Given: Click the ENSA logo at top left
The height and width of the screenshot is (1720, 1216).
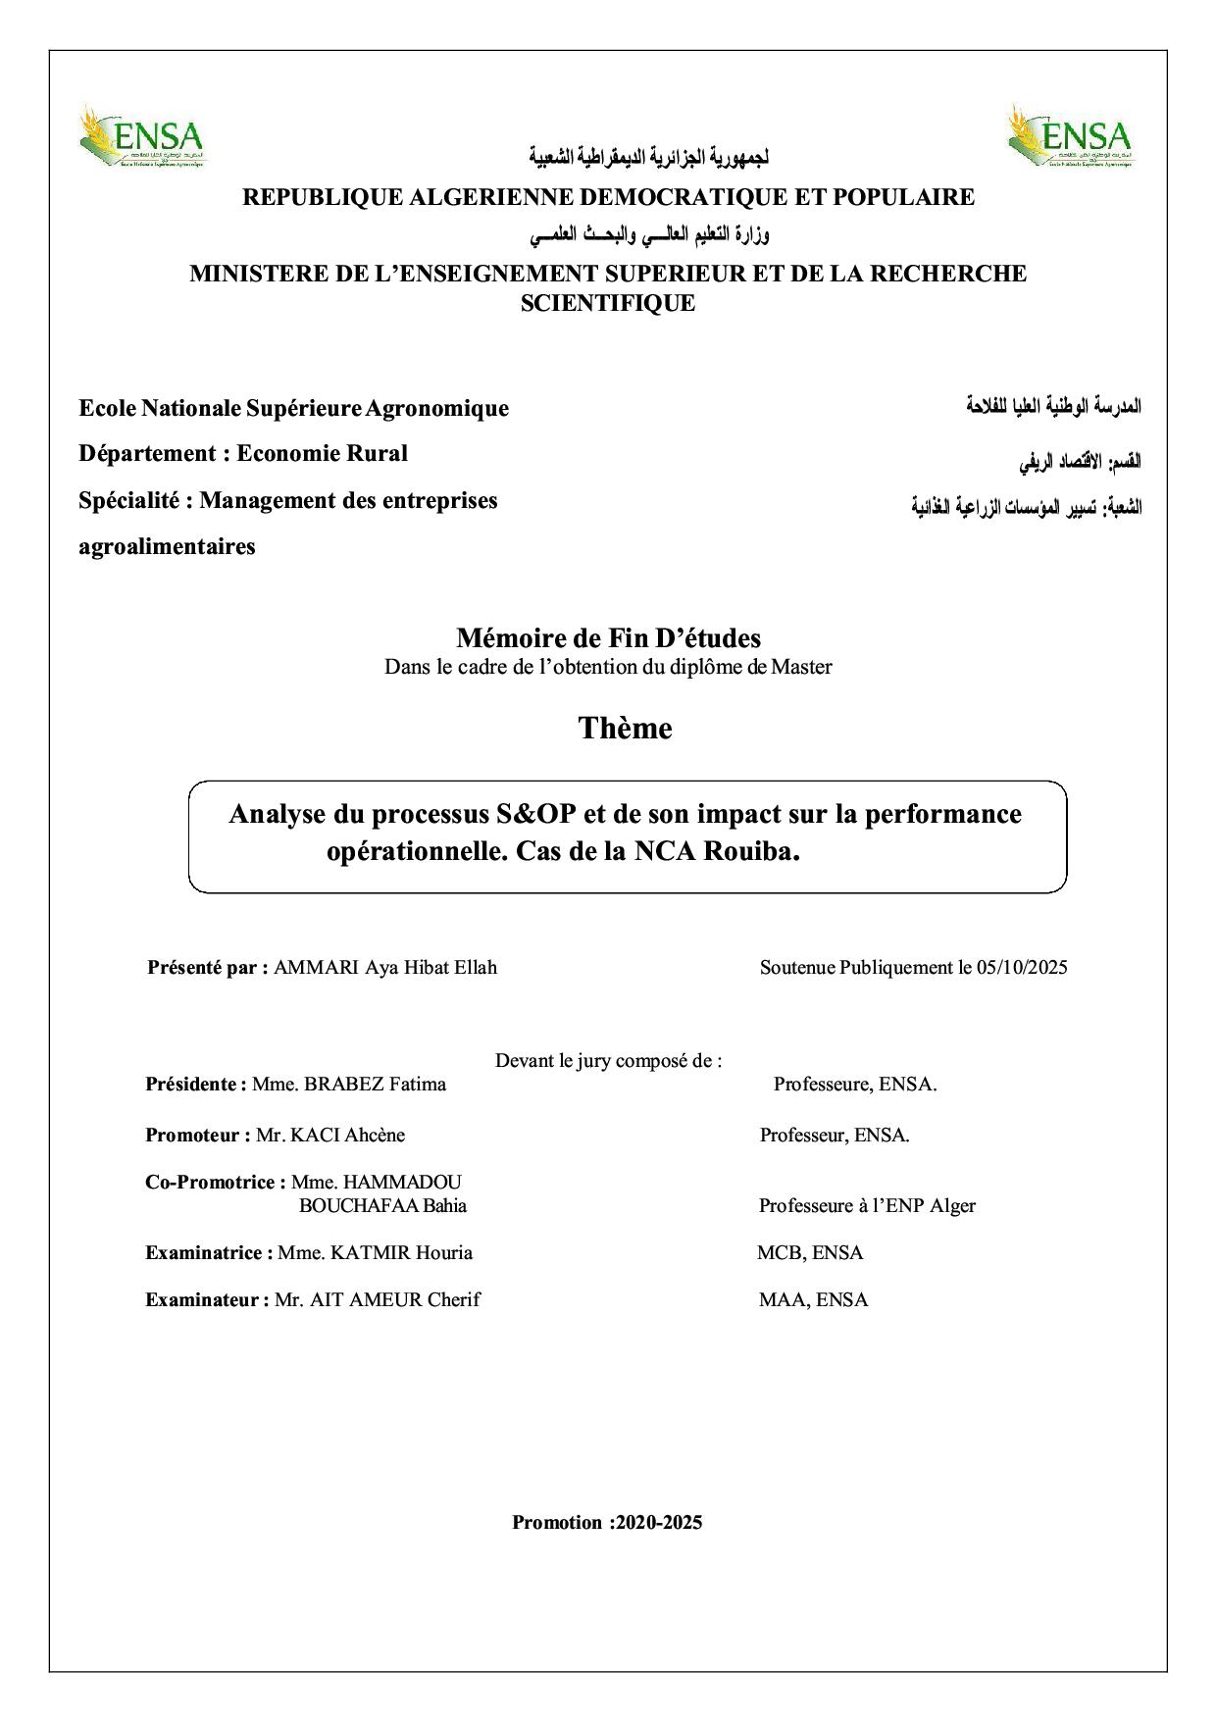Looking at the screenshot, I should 142,138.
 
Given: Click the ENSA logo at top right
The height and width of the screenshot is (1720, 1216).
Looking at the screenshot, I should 1071,138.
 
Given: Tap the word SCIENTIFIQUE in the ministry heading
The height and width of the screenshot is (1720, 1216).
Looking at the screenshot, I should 607,303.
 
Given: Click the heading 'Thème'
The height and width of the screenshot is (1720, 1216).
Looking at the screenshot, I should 625,729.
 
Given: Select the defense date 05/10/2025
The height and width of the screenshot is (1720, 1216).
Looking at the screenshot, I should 1022,968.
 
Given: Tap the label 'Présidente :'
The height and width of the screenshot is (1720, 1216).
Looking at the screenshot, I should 196,1085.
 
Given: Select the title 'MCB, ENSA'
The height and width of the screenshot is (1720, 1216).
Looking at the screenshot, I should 810,1253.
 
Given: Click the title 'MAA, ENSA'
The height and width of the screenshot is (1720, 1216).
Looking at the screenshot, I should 813,1300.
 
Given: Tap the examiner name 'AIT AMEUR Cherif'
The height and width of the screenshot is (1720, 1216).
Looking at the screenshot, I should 378,1300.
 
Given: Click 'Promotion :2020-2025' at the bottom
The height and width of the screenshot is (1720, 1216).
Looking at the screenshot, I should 607,1523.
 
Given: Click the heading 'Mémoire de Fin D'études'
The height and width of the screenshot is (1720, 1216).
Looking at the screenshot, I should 608,638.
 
